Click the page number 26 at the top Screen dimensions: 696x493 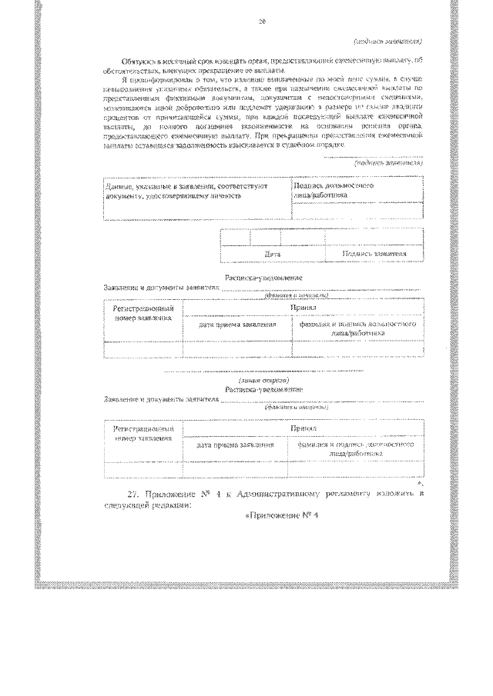262,23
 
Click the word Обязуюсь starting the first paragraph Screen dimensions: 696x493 141,59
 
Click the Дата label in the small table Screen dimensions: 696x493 272,253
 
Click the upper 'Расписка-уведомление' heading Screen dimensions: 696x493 262,277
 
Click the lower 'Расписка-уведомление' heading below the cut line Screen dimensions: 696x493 262,390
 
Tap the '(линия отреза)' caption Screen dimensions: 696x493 263,380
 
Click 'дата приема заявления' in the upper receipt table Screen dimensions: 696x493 236,325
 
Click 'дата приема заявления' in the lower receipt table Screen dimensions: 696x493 236,445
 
